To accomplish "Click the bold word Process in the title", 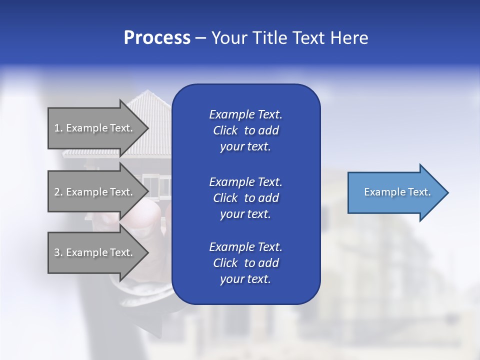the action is click(x=157, y=37).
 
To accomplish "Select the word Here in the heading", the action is click(x=349, y=37).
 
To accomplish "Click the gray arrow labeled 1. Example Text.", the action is click(x=98, y=128).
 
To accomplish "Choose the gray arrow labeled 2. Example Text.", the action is click(x=98, y=191).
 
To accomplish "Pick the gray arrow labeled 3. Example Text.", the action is click(x=98, y=252).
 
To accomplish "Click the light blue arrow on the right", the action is click(x=398, y=192).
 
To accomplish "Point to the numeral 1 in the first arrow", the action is click(x=57, y=128).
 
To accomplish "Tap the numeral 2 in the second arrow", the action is click(x=57, y=192).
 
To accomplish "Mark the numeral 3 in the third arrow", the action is click(x=57, y=252).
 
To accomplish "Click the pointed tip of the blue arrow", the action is click(x=448, y=192).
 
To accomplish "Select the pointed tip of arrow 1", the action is click(x=149, y=128).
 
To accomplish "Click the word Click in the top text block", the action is click(x=225, y=130).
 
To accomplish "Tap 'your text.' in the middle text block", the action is click(x=245, y=214).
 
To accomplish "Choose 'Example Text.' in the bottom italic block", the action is click(x=245, y=246).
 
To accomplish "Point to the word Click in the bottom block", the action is click(x=225, y=262).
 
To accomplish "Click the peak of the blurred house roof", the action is click(x=148, y=90).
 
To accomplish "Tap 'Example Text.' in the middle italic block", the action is click(x=245, y=182).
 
